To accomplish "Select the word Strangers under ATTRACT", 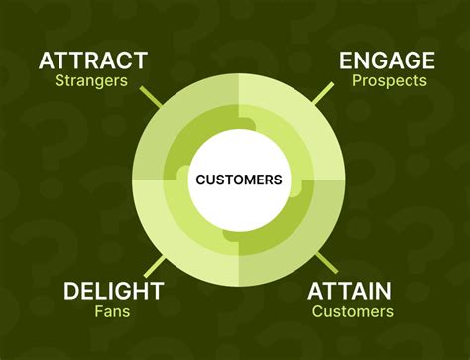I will tap(92, 81).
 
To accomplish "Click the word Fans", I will tap(113, 311).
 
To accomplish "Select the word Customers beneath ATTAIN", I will tap(352, 311).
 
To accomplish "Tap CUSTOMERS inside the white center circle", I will tap(238, 180).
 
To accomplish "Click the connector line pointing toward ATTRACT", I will tap(151, 97).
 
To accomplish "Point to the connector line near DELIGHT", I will tap(154, 265).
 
